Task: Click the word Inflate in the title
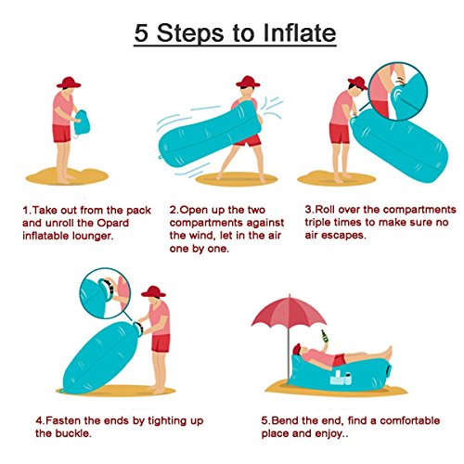(300, 32)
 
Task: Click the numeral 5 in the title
(141, 32)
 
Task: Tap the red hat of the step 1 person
(69, 83)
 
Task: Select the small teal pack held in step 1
(82, 122)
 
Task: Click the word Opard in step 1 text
(112, 223)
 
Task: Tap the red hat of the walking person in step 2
(248, 82)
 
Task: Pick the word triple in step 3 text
(318, 223)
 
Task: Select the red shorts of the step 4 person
(161, 343)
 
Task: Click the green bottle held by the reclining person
(325, 336)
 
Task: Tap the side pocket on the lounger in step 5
(341, 378)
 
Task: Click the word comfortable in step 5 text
(410, 420)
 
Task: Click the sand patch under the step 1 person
(67, 176)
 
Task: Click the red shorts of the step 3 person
(340, 134)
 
